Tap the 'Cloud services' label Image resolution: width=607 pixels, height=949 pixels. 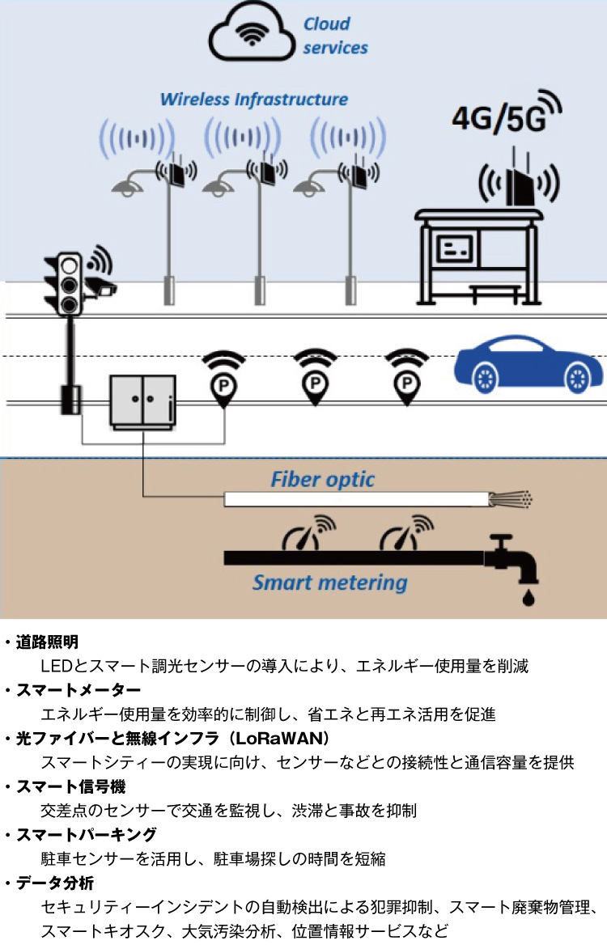point(335,36)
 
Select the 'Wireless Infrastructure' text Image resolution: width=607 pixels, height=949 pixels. point(254,100)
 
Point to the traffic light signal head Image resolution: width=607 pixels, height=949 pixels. point(69,284)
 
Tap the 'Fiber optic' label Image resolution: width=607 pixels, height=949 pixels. point(322,479)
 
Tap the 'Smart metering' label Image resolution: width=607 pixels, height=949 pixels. point(329,582)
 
